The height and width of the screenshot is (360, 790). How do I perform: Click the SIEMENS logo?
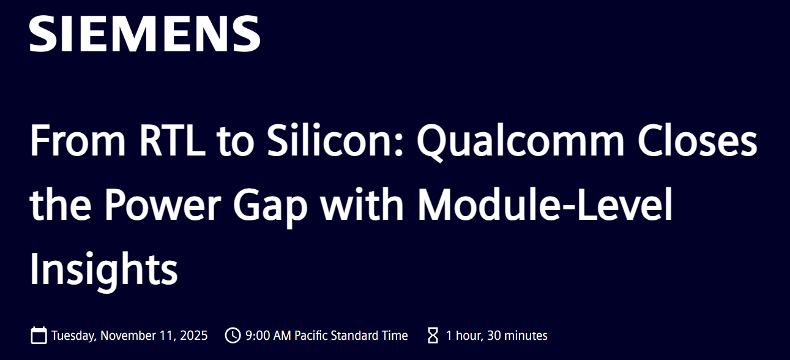pyautogui.click(x=145, y=34)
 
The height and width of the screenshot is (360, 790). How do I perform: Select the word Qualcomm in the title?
pyautogui.click(x=520, y=142)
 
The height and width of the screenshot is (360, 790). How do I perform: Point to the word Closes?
pyautogui.click(x=697, y=140)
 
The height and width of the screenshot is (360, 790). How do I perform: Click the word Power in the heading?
pyautogui.click(x=163, y=204)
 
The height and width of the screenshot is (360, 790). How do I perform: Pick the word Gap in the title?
pyautogui.click(x=270, y=208)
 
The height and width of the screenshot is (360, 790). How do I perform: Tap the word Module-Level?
pyautogui.click(x=545, y=204)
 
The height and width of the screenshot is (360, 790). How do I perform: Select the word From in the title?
pyautogui.click(x=78, y=140)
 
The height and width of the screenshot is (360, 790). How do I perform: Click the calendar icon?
pyautogui.click(x=39, y=335)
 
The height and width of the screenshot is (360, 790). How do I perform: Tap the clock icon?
pyautogui.click(x=233, y=335)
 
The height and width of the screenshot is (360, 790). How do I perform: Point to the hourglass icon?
pyautogui.click(x=433, y=336)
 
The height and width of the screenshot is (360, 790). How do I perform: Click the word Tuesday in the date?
pyautogui.click(x=73, y=336)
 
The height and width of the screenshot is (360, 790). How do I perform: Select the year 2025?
pyautogui.click(x=193, y=336)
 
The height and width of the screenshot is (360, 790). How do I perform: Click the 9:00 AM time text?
pyautogui.click(x=268, y=336)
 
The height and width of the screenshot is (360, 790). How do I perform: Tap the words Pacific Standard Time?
pyautogui.click(x=351, y=336)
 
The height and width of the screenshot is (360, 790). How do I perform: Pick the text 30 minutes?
pyautogui.click(x=517, y=336)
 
